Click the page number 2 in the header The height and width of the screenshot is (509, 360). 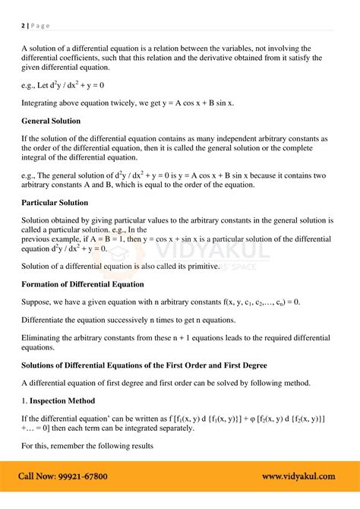(x=23, y=25)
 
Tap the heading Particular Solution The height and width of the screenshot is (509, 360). (x=55, y=203)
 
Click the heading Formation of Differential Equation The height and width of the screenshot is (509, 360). (x=83, y=284)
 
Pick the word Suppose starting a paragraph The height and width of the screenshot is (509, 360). (x=37, y=302)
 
